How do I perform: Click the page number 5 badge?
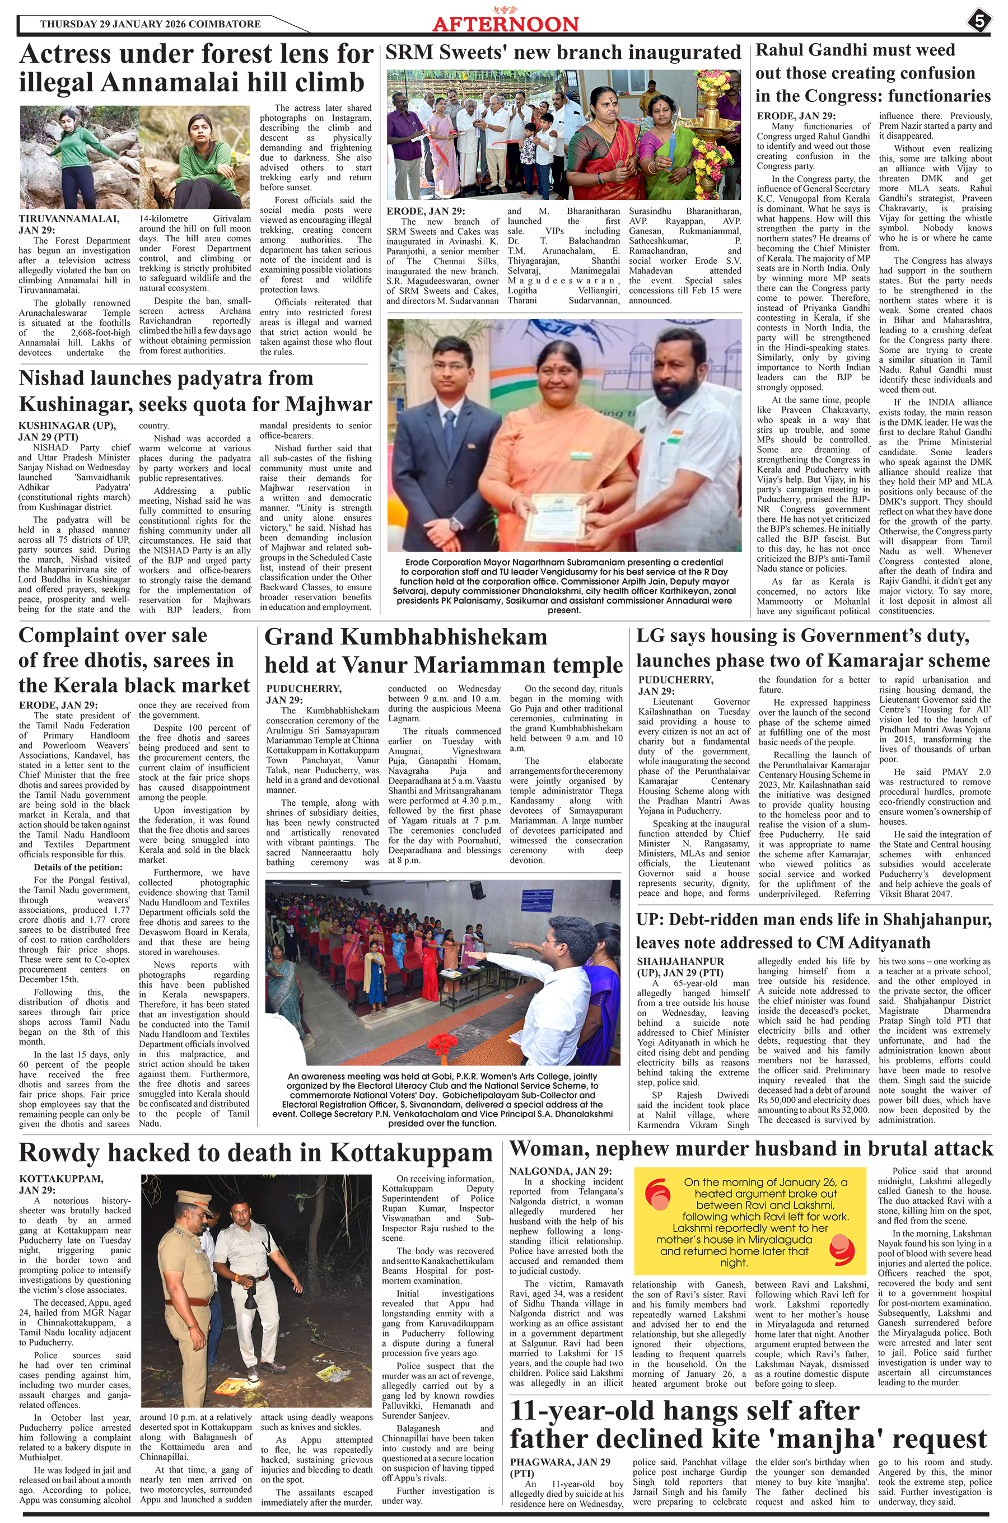978,21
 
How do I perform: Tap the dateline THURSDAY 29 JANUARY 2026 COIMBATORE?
151,25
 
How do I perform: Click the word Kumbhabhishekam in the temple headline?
444,637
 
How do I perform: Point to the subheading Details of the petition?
78,867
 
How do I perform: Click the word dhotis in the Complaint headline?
109,660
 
